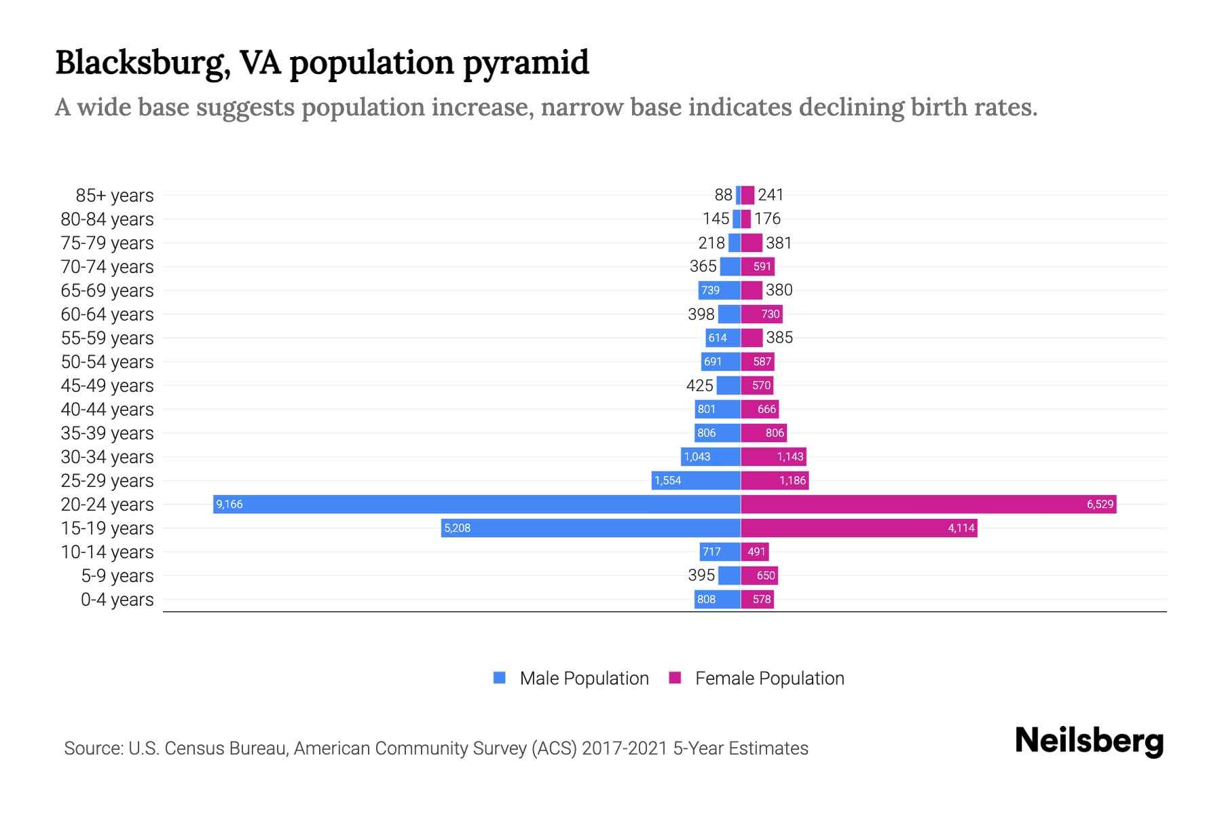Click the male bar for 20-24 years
[x=475, y=504]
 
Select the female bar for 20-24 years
[x=927, y=504]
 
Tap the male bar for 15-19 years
[x=591, y=528]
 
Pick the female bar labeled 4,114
[x=859, y=528]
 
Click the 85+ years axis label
[x=114, y=196]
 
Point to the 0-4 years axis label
[x=117, y=600]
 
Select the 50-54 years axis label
[x=107, y=362]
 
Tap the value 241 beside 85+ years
[x=771, y=195]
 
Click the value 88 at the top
[x=723, y=195]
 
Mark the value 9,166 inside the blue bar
[x=229, y=504]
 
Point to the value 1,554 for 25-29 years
[x=667, y=480]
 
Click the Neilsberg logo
[x=1089, y=741]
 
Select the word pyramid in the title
[x=526, y=62]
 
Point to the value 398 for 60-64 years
[x=701, y=314]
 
